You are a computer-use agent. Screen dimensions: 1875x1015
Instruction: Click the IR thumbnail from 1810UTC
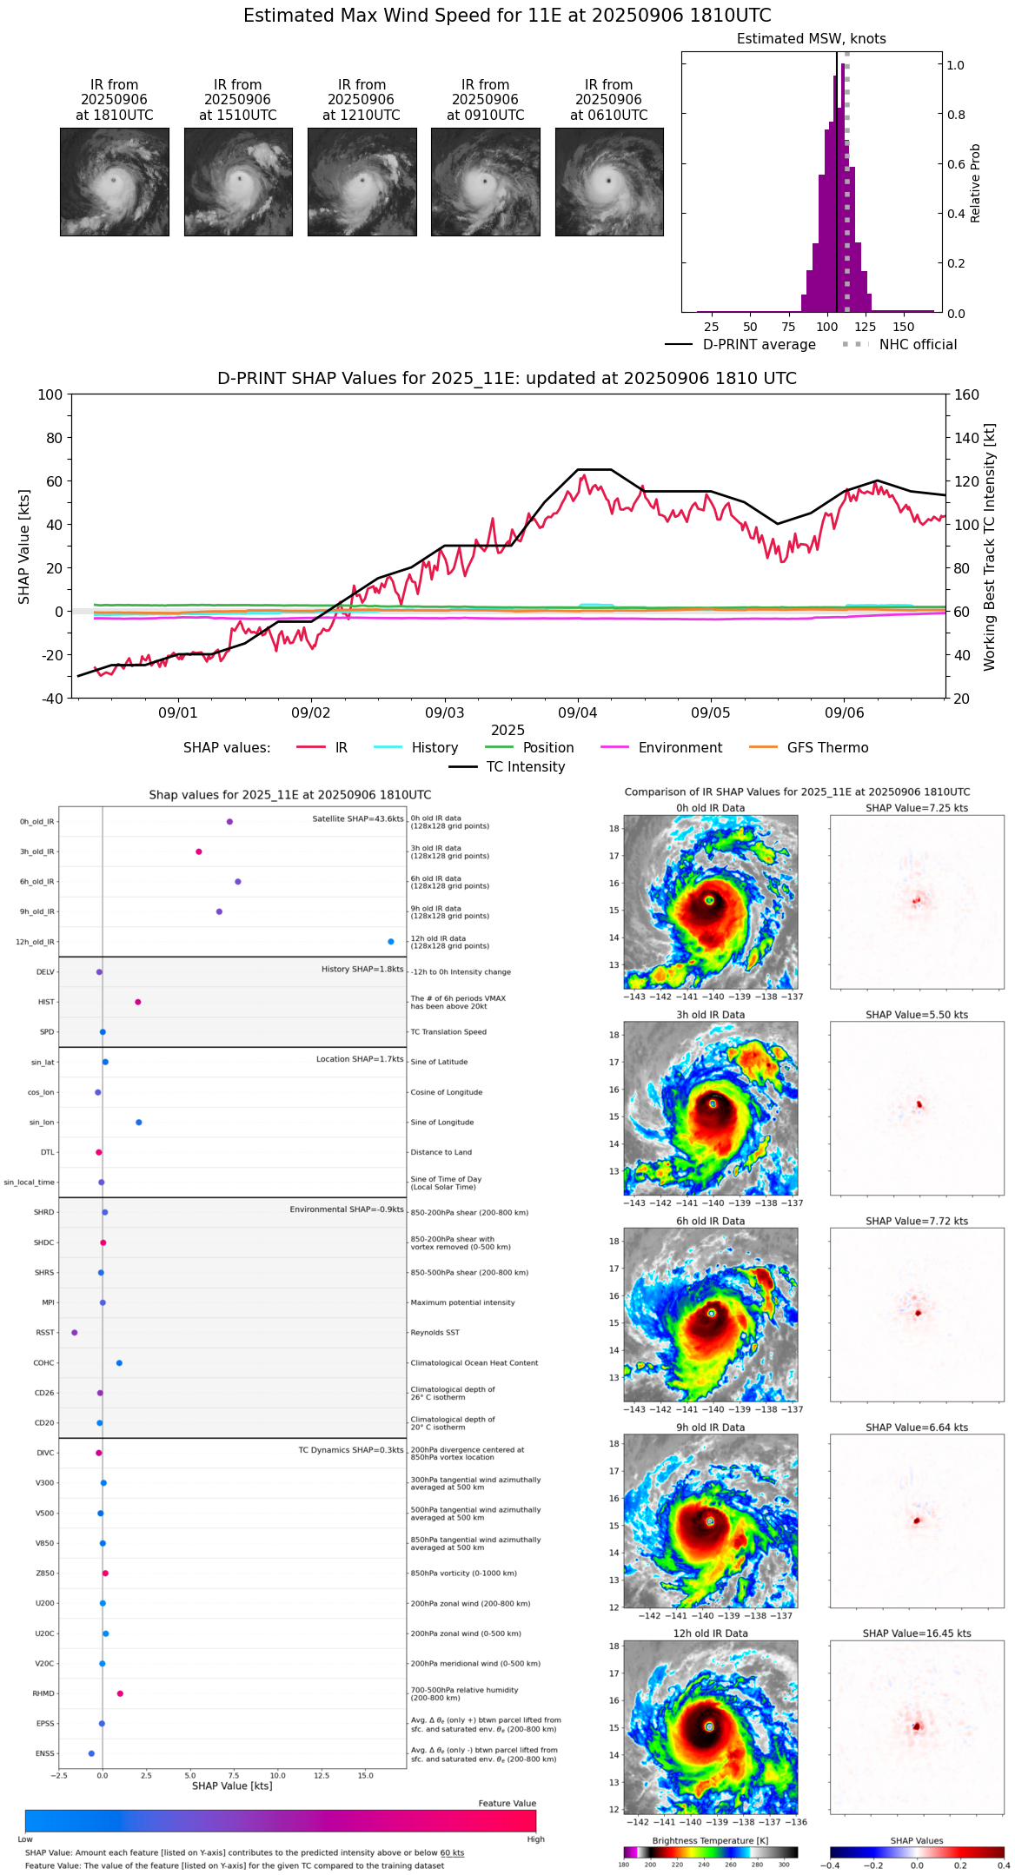(x=114, y=182)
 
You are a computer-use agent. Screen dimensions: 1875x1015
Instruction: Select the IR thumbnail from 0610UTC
(x=608, y=182)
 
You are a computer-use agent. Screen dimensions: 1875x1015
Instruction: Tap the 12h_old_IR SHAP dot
(x=391, y=942)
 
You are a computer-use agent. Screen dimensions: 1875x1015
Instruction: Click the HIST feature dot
(x=138, y=1002)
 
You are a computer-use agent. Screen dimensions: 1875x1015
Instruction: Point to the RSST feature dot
(x=75, y=1332)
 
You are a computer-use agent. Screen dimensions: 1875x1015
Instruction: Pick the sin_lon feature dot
(x=139, y=1123)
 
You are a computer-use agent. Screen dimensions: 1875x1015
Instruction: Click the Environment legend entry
(x=680, y=747)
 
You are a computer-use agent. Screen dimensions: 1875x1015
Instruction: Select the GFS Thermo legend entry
(x=827, y=747)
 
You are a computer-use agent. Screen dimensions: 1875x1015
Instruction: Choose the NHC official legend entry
(x=918, y=345)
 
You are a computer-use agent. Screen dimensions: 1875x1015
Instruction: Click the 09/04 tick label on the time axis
(x=578, y=712)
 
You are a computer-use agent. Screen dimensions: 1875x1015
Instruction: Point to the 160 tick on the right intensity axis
(x=967, y=394)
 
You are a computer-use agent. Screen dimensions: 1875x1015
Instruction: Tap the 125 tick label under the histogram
(x=865, y=327)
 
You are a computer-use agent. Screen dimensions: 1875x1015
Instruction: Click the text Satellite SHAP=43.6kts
(x=358, y=818)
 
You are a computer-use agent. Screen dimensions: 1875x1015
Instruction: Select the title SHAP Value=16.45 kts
(x=917, y=1633)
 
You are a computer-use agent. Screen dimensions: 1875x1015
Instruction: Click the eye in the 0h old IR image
(x=710, y=900)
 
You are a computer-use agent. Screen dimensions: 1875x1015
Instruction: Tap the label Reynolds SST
(x=435, y=1332)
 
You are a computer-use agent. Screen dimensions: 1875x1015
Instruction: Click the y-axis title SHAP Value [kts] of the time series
(x=24, y=547)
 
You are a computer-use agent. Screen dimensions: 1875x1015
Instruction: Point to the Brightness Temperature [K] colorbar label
(x=710, y=1840)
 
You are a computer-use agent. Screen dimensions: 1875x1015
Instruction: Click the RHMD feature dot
(x=120, y=1693)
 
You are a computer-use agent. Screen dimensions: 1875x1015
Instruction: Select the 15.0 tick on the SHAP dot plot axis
(x=365, y=1775)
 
